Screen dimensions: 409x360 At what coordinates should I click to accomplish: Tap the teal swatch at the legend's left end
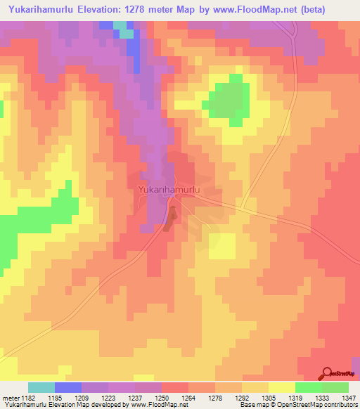click(41, 387)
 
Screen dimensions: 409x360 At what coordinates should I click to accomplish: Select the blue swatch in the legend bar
click(68, 387)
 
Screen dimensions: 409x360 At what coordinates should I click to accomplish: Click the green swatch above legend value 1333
click(309, 387)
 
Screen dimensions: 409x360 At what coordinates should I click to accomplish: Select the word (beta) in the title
click(335, 9)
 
